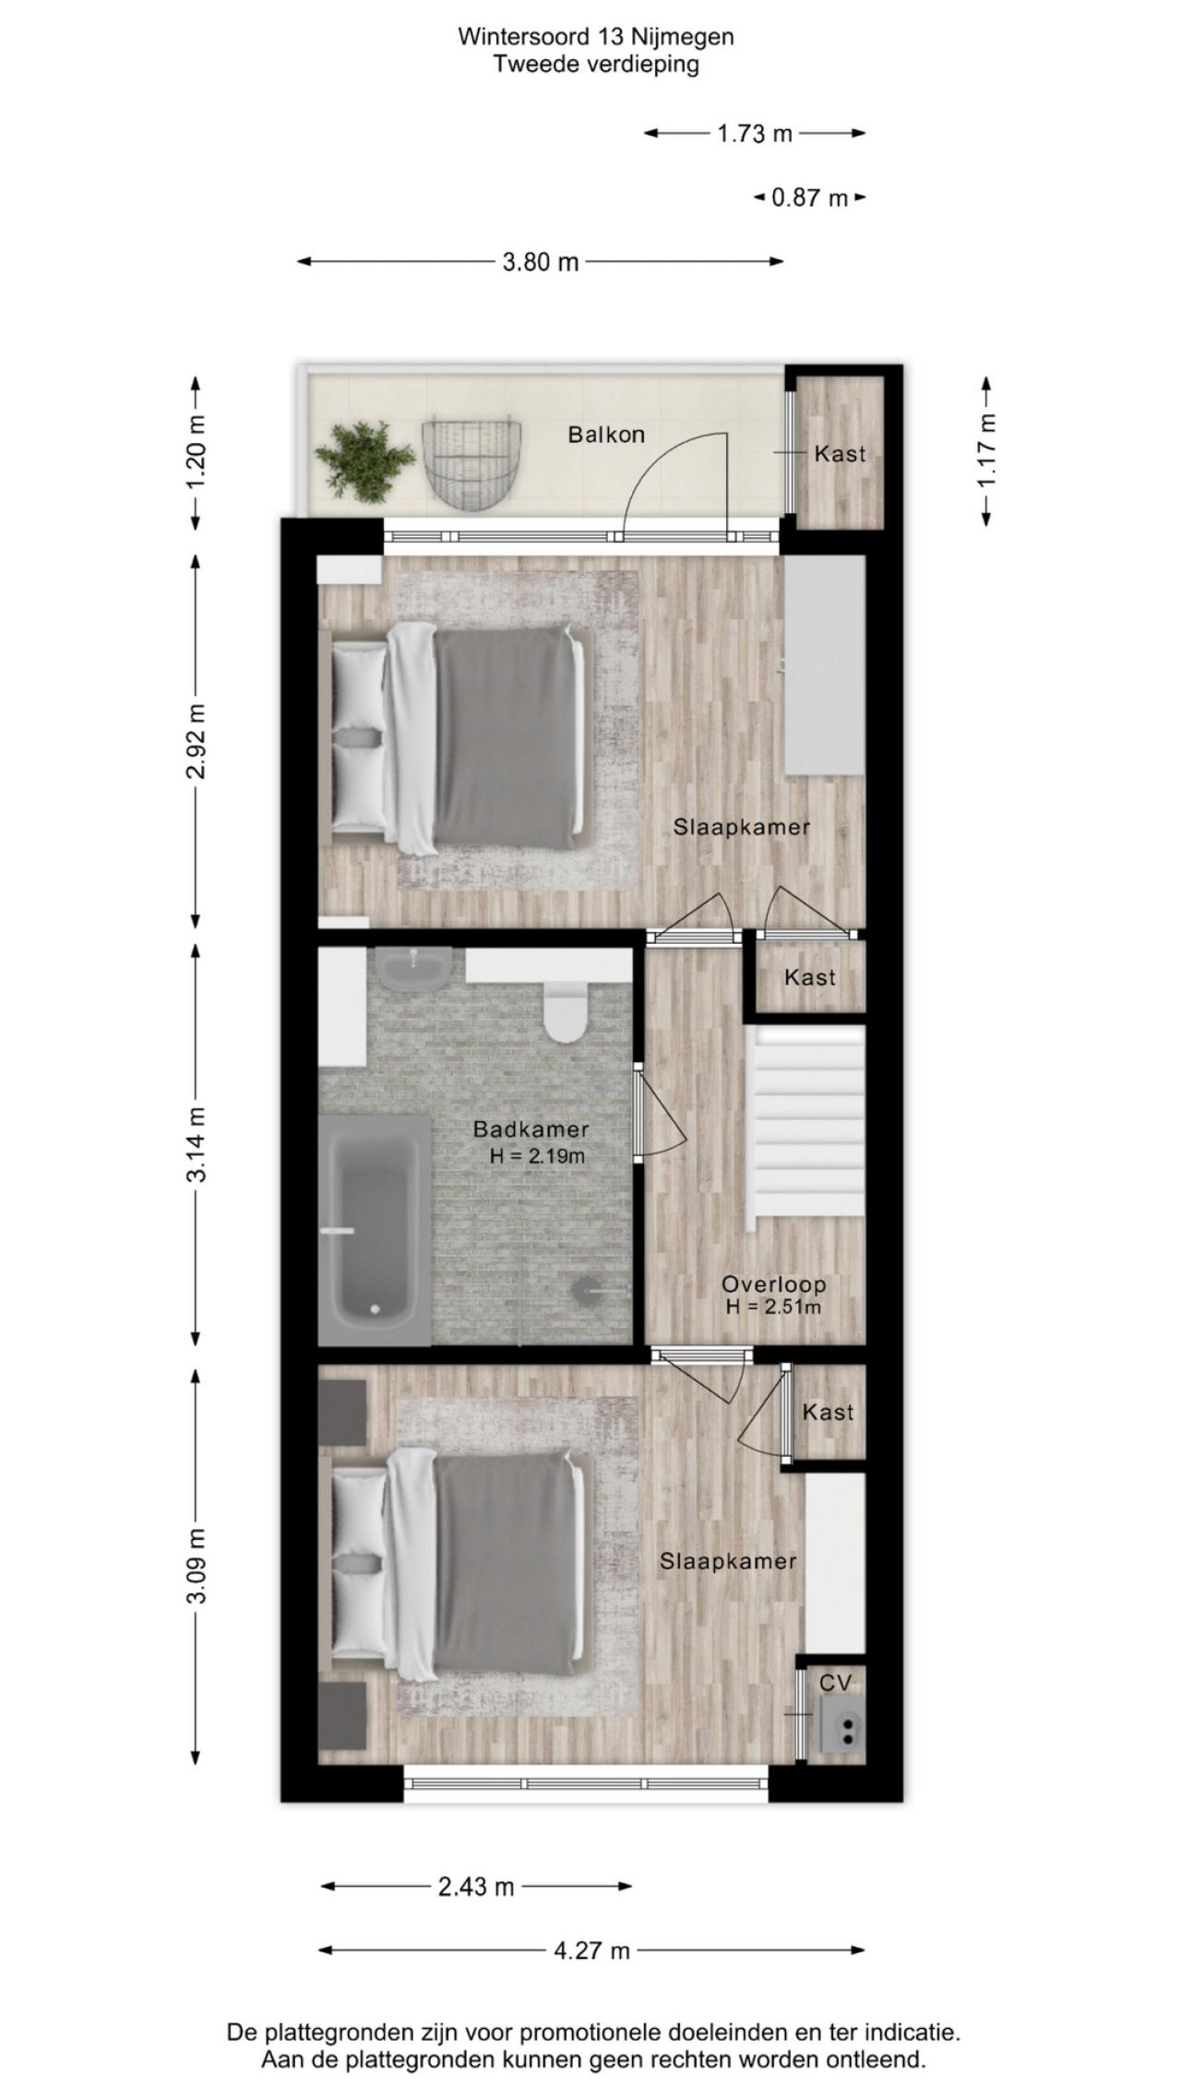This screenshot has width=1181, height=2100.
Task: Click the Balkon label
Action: [x=606, y=435]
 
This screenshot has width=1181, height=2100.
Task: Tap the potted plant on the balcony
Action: [x=364, y=460]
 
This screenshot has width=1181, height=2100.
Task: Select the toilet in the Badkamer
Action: [x=566, y=1010]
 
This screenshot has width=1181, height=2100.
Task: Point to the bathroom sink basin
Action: [x=413, y=967]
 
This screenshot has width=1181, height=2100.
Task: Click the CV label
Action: [x=835, y=1683]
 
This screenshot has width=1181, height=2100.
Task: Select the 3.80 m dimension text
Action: [x=541, y=262]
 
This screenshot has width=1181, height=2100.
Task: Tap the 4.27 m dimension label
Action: [x=591, y=1951]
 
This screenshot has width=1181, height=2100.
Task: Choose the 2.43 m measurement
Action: [x=476, y=1887]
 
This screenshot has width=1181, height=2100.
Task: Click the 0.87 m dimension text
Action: [x=809, y=197]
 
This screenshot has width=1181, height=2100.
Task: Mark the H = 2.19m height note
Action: [x=537, y=1155]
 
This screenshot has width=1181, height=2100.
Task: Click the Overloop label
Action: [x=773, y=1283]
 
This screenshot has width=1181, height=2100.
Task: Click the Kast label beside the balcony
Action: [x=840, y=454]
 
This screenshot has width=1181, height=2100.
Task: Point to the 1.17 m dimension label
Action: [x=987, y=451]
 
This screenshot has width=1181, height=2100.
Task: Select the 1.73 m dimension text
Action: [x=755, y=134]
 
